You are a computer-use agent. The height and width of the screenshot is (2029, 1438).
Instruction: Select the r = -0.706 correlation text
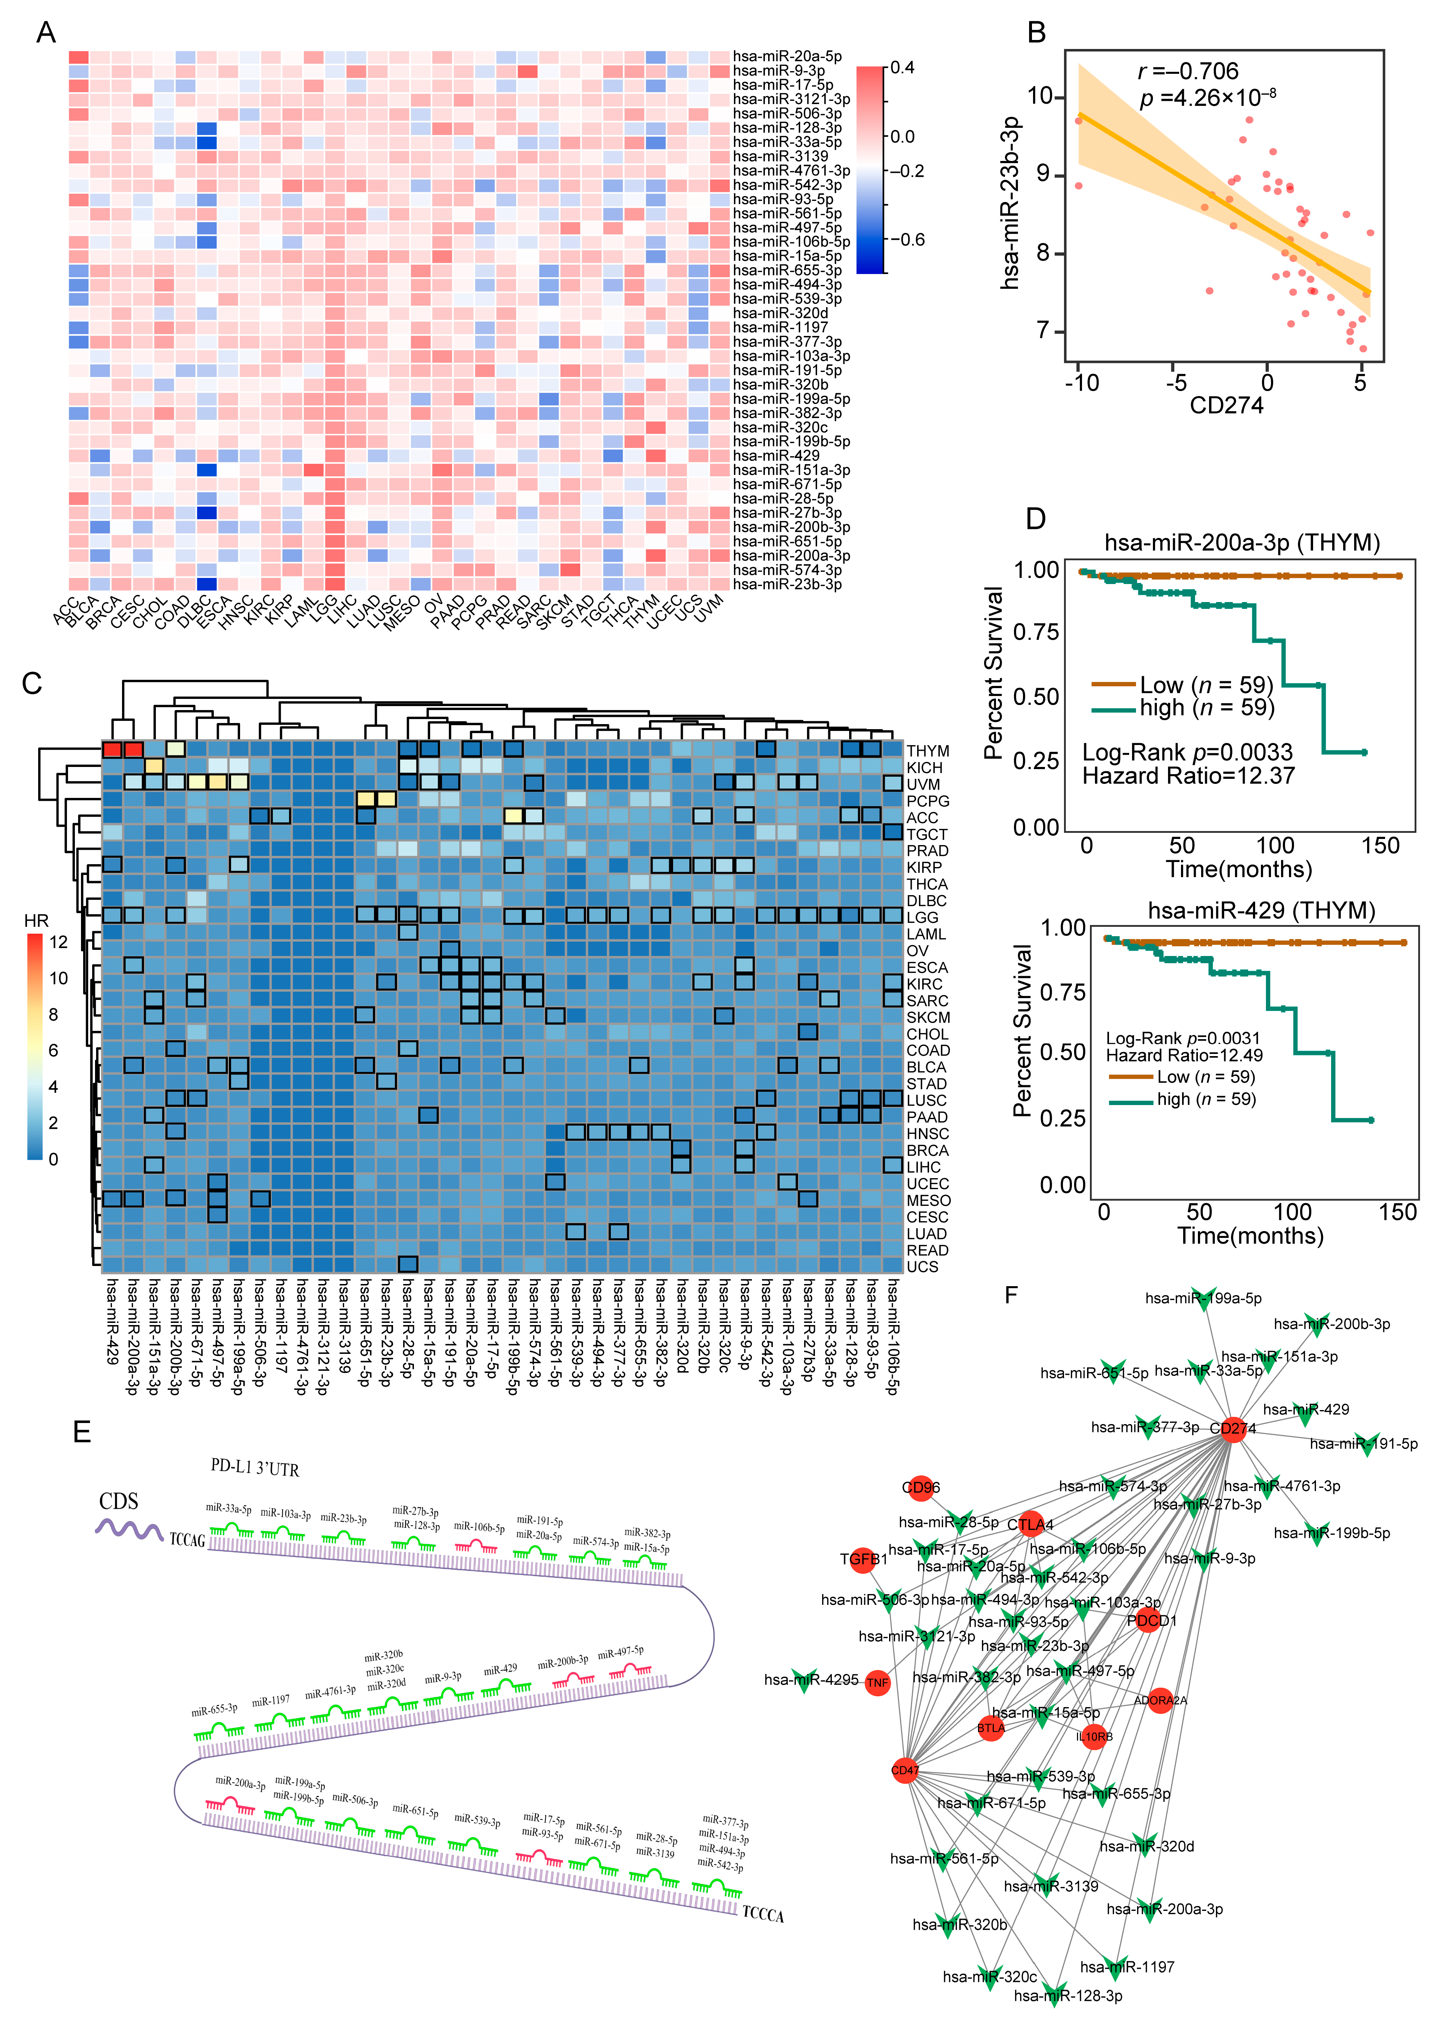click(x=1187, y=71)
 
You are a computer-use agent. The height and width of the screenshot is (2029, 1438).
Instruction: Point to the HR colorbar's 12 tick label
click(x=58, y=942)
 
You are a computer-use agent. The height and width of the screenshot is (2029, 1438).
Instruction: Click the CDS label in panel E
click(x=119, y=1501)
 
